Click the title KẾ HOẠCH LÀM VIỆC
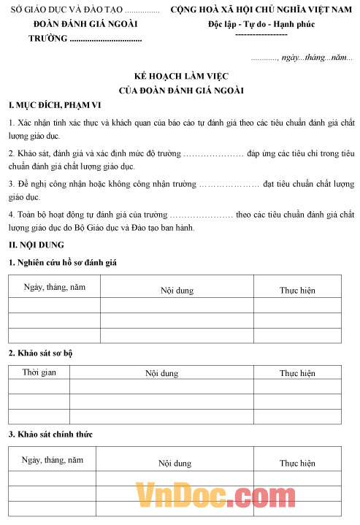tap(180, 77)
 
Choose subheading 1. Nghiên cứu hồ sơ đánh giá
tap(63, 261)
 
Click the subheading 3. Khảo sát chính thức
tap(50, 434)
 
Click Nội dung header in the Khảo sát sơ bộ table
tap(161, 373)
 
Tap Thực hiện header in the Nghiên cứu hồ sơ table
tap(297, 290)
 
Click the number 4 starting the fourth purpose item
tap(10, 215)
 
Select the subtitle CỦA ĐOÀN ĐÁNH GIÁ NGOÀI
tap(180, 91)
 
